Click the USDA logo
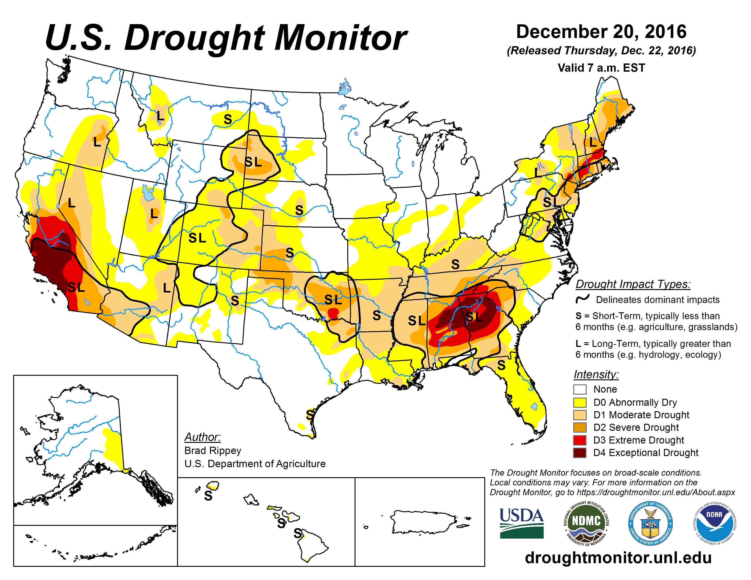point(521,523)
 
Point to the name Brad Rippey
point(213,450)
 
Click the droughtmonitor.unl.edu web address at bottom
point(618,557)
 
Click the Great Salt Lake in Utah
point(148,193)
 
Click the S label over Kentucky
point(455,264)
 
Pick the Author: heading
point(203,437)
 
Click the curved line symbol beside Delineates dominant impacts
point(583,299)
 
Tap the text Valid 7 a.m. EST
point(601,68)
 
